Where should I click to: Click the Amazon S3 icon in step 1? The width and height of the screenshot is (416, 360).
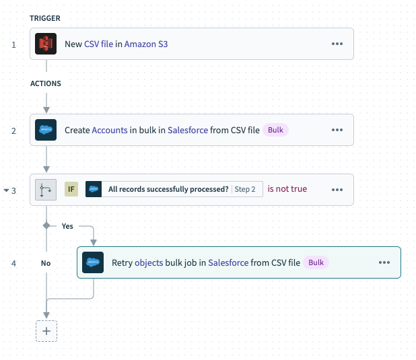[46, 44]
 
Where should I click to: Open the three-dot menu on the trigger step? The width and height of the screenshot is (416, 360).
[337, 44]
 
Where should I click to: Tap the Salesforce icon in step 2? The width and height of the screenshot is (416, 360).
[46, 130]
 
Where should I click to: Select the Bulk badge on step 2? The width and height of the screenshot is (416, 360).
[275, 130]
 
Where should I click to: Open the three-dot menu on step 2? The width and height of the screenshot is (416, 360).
[337, 130]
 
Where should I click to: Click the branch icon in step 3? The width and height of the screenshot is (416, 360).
[46, 190]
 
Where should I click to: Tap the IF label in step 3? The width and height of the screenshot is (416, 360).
[71, 190]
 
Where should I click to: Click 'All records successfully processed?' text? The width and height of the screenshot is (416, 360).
[168, 190]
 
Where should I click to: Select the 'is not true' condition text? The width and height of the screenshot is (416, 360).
[287, 189]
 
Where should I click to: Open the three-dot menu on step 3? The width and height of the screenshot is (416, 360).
[337, 190]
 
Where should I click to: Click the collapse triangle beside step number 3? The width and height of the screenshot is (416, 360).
[6, 190]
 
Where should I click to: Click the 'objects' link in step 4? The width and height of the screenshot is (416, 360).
[149, 262]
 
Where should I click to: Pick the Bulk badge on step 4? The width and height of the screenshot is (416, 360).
[316, 262]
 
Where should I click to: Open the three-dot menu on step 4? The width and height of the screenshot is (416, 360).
[384, 262]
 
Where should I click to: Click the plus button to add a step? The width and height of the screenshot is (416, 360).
[46, 331]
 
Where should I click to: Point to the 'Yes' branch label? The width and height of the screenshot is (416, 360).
[67, 226]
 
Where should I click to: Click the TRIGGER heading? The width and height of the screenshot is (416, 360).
[45, 17]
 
